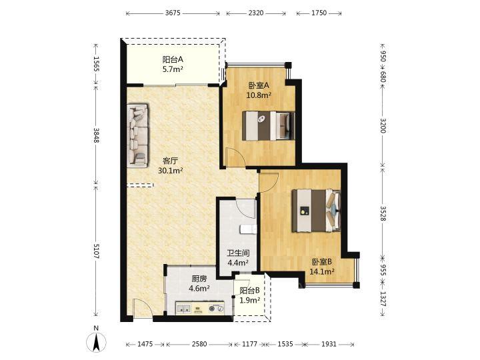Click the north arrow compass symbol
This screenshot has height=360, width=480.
click(96, 341)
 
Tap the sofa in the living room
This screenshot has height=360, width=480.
click(137, 135)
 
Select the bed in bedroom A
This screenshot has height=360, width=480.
click(268, 126)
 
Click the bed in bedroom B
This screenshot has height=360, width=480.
click(316, 211)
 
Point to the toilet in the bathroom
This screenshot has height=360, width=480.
click(248, 229)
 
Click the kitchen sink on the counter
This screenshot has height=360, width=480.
click(184, 309)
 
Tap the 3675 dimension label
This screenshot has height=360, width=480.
click(173, 13)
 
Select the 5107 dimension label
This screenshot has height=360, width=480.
click(96, 251)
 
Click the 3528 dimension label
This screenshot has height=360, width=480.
click(383, 213)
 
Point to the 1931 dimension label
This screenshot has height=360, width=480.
click(329, 344)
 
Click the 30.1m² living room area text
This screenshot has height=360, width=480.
click(171, 171)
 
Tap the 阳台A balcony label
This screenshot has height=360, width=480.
click(173, 59)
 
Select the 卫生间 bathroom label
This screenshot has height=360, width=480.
click(238, 253)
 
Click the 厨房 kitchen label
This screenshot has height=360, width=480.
click(199, 279)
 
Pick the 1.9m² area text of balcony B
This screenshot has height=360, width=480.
click(249, 300)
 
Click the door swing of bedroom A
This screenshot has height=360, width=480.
click(235, 157)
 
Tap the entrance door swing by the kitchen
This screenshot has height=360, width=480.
click(143, 308)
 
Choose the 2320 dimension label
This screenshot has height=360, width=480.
click(255, 13)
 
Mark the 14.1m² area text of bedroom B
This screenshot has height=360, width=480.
click(322, 271)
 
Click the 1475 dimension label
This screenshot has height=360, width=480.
click(145, 344)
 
